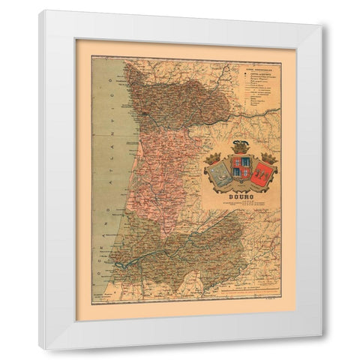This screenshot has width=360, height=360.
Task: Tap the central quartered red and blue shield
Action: click(x=241, y=168)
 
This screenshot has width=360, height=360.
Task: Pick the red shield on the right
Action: click(x=262, y=170)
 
